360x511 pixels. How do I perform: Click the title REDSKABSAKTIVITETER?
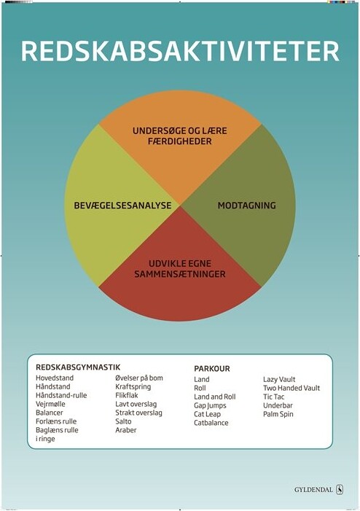tap(180, 52)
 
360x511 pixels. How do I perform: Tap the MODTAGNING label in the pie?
tap(246, 206)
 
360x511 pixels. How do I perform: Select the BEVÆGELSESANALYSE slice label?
tap(122, 206)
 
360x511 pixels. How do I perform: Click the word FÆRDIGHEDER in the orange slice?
tap(180, 141)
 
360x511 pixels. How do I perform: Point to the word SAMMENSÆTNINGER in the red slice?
tap(180, 274)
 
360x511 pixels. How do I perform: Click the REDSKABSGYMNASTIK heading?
tap(78, 367)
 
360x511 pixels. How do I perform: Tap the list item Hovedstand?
tap(55, 378)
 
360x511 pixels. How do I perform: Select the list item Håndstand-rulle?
tap(61, 395)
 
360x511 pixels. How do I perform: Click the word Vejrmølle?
tap(50, 404)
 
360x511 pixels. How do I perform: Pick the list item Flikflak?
tap(127, 395)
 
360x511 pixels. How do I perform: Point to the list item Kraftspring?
tap(133, 387)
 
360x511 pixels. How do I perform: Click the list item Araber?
tap(126, 430)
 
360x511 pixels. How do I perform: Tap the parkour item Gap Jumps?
tap(210, 406)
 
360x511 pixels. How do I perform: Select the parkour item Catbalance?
tap(211, 423)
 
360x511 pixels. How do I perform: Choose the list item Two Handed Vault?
tap(291, 388)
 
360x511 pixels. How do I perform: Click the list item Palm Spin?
tap(278, 414)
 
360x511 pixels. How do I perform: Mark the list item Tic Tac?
tap(274, 397)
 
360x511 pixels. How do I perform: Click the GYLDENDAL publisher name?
tap(313, 489)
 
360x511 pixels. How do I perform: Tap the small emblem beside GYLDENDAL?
tap(340, 489)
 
